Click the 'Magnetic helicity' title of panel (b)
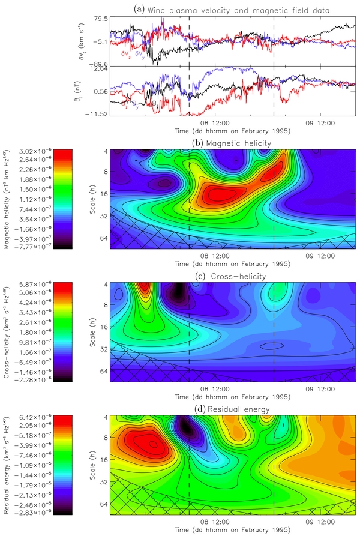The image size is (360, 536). [x=230, y=143]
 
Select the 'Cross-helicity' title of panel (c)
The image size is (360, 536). [x=231, y=276]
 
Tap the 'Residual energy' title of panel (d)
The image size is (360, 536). [x=231, y=409]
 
